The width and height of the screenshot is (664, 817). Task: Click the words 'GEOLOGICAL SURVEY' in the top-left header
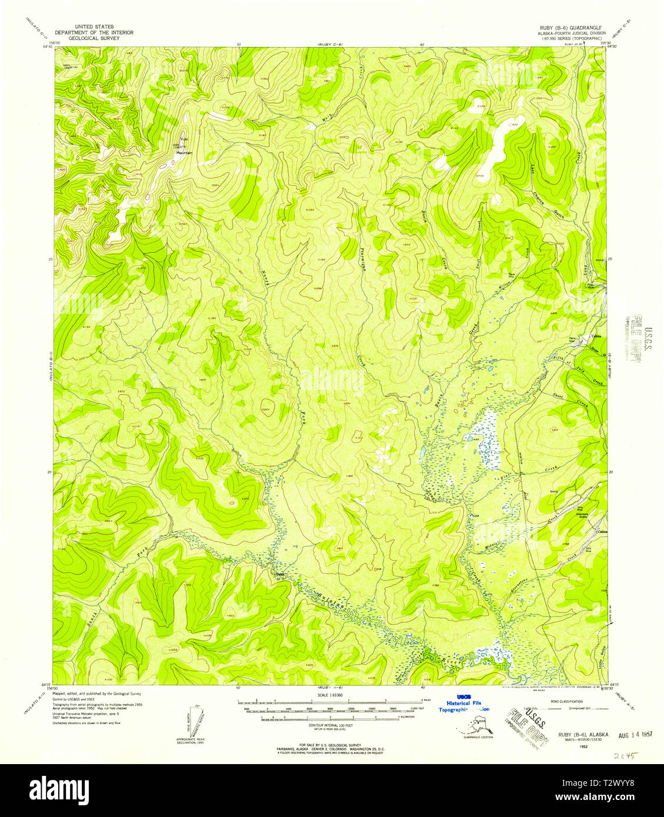coord(94,38)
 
